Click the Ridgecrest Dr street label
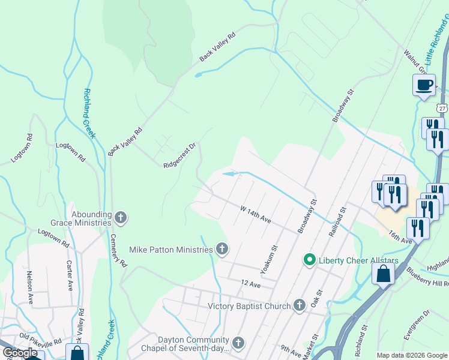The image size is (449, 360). tap(180, 155)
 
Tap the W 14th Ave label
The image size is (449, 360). tap(256, 215)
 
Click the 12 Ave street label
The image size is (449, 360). tap(250, 283)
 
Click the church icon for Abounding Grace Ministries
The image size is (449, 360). tap(121, 217)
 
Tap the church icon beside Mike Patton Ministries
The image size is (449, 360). tap(222, 248)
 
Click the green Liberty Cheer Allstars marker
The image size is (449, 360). tap(309, 259)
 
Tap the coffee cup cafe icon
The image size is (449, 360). tap(424, 85)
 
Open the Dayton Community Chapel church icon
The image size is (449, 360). tap(238, 343)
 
